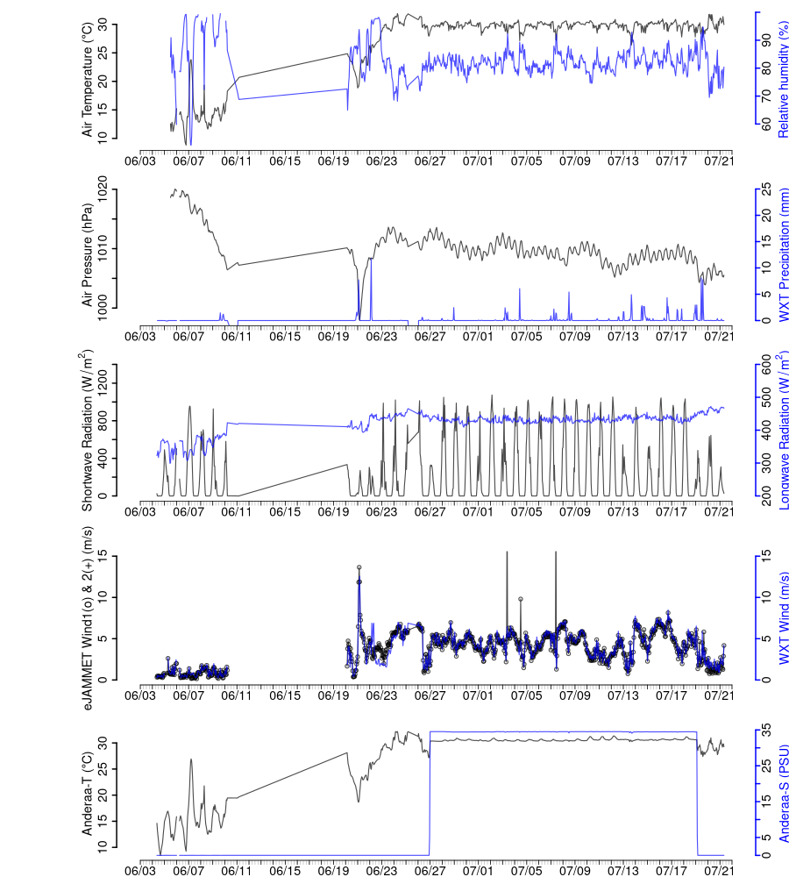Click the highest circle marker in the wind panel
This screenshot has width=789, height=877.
[x=359, y=567]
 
